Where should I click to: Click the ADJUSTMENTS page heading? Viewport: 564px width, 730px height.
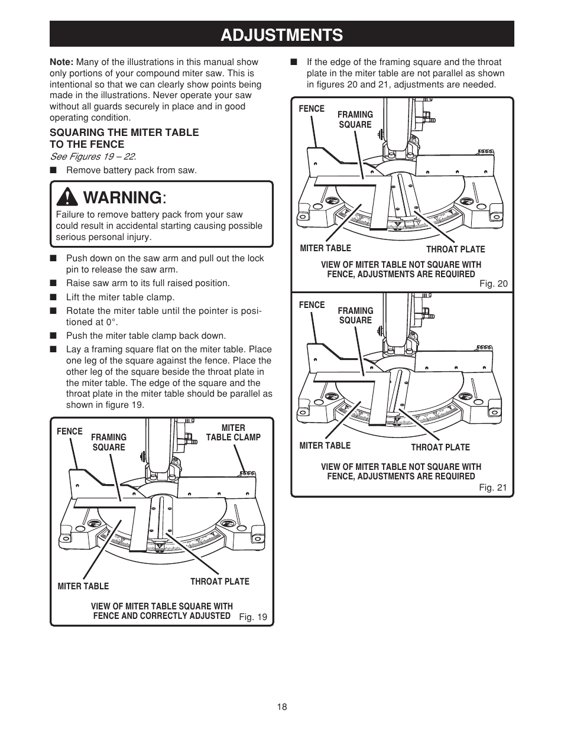281,34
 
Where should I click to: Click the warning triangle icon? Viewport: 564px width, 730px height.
70,196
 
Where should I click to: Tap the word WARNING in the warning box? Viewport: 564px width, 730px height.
122,196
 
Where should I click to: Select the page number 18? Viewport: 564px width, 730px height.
282,707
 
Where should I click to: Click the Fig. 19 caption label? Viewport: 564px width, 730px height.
253,617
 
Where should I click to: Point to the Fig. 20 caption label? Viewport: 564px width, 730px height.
493,284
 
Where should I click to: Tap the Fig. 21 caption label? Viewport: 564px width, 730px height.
493,488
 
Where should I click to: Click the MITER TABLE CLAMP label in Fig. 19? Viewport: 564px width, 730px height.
233,432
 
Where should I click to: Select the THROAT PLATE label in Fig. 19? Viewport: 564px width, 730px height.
219,582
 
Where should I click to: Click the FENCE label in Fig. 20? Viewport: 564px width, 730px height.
312,109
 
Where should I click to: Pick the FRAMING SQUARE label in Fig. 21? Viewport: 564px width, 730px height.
355,315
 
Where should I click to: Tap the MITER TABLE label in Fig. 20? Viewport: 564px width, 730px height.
325,248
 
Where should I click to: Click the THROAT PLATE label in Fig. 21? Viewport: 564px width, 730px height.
440,447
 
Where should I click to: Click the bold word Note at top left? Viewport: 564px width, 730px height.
61,62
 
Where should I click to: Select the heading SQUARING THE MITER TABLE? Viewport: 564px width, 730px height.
124,132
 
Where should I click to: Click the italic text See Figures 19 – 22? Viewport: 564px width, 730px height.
93,157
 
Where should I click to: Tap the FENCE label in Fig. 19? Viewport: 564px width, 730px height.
70,431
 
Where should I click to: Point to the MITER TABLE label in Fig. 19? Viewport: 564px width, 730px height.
83,586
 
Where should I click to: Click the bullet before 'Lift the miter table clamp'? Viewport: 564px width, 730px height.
53,297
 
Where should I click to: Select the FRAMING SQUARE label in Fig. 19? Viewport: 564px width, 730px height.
109,442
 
